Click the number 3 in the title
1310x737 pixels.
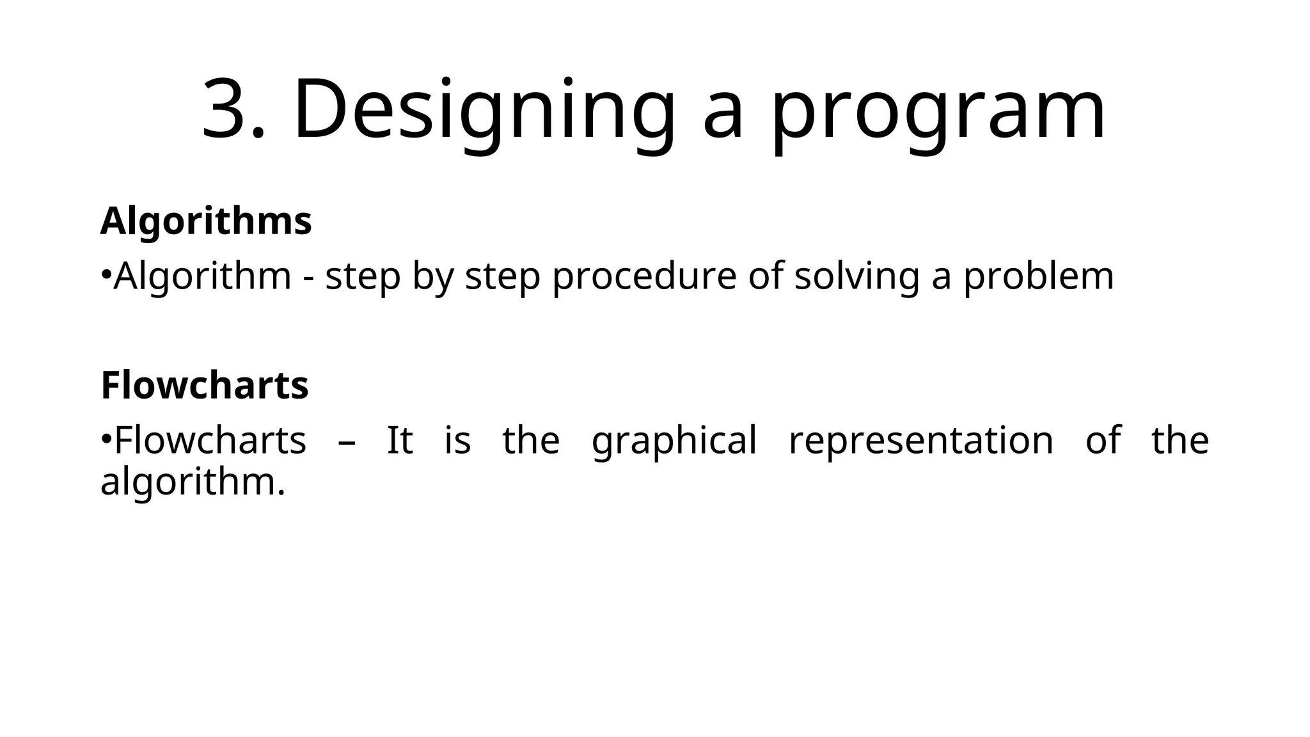pos(225,109)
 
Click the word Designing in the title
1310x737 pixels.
pos(484,109)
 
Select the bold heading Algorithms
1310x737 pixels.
pos(206,221)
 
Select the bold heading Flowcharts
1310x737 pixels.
pos(205,385)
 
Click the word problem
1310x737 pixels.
pos(1039,277)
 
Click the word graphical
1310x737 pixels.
pos(674,441)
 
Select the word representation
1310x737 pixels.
pos(920,441)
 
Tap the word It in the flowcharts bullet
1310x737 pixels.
pos(400,440)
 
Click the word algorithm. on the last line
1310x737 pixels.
pos(192,482)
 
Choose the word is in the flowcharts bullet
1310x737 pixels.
pos(457,440)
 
